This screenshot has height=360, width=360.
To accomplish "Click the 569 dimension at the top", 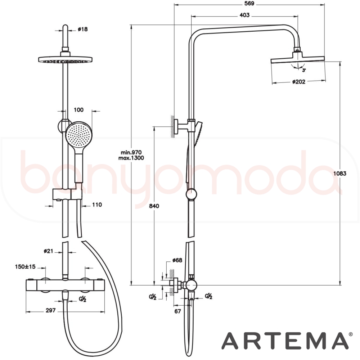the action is click(x=249, y=4).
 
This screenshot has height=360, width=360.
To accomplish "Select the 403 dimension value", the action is click(x=244, y=15).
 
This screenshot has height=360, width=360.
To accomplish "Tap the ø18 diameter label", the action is click(x=83, y=29).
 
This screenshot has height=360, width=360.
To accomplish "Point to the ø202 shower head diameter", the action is click(x=299, y=81).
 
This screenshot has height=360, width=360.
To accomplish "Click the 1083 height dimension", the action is click(x=340, y=174).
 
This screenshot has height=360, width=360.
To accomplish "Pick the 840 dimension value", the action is click(x=154, y=206).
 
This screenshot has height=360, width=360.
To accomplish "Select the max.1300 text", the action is click(x=131, y=158).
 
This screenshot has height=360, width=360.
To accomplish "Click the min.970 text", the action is click(x=131, y=152).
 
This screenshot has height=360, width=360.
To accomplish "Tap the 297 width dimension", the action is click(x=50, y=310).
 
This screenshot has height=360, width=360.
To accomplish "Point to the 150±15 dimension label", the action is click(x=25, y=266).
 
